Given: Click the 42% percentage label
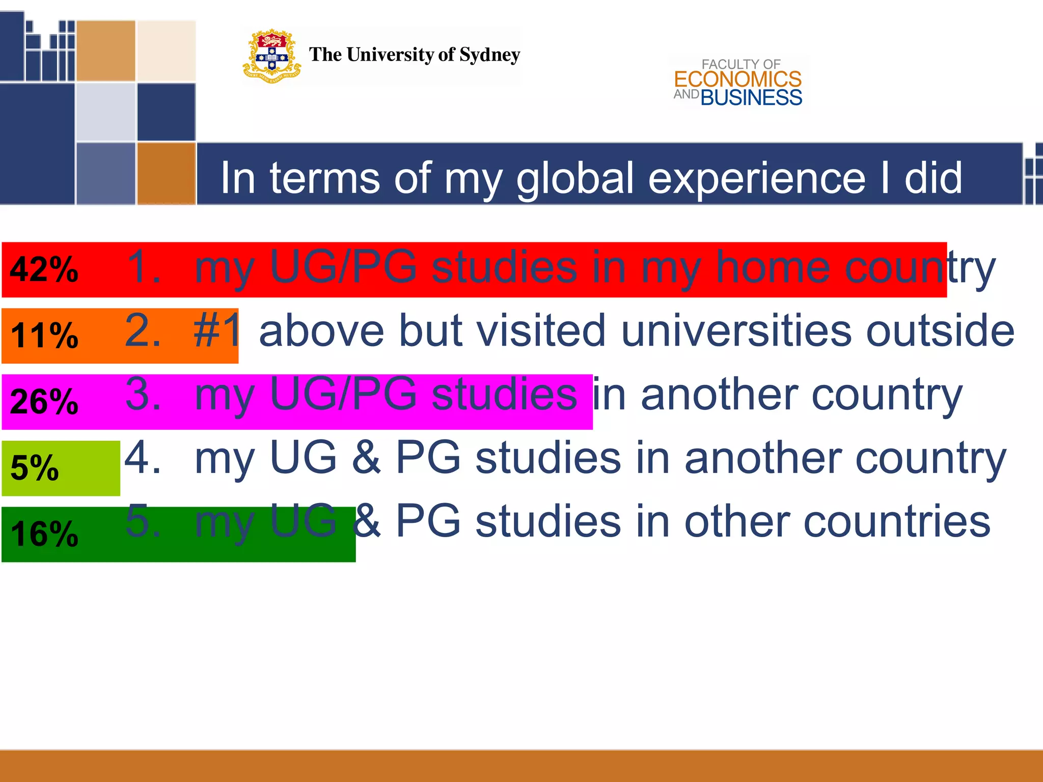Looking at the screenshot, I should tap(44, 269).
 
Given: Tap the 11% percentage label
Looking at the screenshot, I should tap(44, 336).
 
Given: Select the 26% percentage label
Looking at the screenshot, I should tap(44, 402).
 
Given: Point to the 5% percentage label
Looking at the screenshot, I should tap(35, 468).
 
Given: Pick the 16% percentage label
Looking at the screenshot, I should tap(44, 534).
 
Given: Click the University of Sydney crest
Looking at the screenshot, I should tap(271, 56).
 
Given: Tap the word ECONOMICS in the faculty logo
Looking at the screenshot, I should tap(737, 79).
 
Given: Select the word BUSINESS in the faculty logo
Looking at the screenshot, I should tap(751, 98).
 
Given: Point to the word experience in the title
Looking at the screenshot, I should tap(756, 179).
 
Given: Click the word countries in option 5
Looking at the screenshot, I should tap(896, 522).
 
